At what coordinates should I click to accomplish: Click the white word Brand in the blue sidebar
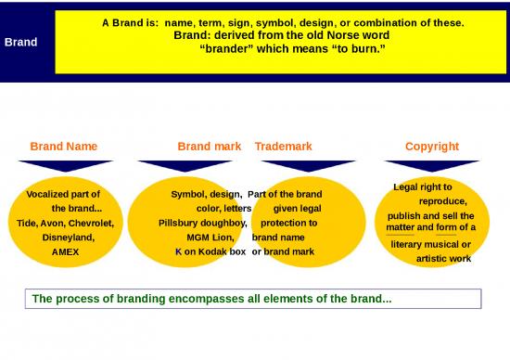click(x=21, y=42)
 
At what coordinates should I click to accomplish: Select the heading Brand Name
click(x=63, y=146)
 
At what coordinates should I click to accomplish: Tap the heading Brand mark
click(x=210, y=146)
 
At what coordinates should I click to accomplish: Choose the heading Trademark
click(x=283, y=146)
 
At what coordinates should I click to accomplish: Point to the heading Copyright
click(x=432, y=146)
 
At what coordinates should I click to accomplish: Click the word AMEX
click(x=66, y=251)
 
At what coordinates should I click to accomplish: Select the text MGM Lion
click(x=210, y=238)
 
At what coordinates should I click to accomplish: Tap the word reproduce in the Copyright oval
click(x=442, y=201)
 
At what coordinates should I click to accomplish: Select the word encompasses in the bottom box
click(x=192, y=299)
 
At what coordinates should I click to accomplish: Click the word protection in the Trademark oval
click(x=289, y=224)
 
